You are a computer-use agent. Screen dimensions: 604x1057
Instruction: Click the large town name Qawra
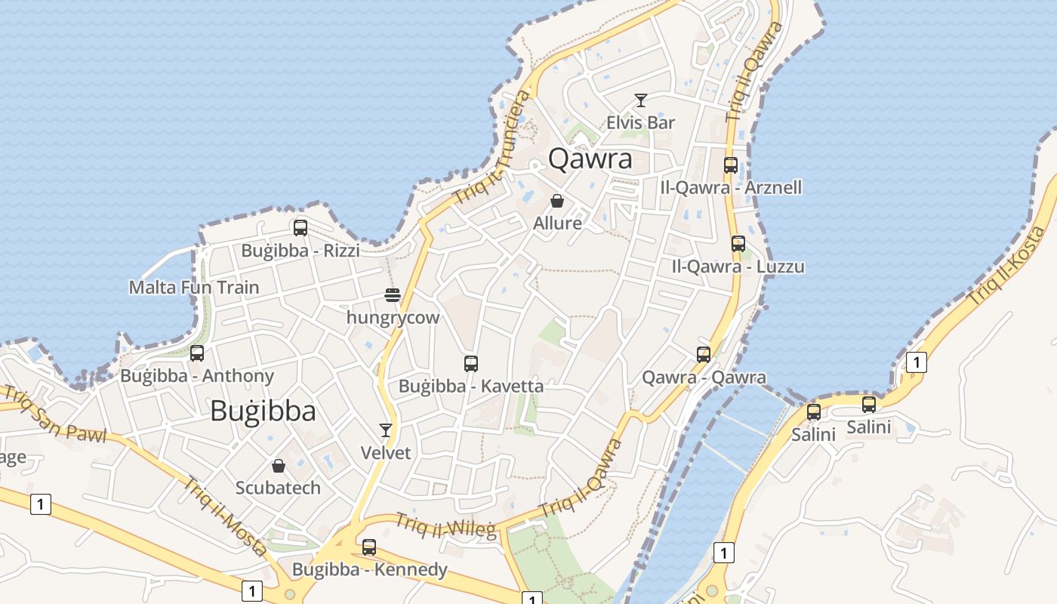coord(590,159)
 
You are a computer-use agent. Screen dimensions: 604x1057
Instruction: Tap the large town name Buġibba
coord(263,411)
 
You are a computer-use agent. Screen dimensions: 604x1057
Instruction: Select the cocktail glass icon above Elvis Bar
coord(641,100)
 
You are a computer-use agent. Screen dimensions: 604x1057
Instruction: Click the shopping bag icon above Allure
coord(557,201)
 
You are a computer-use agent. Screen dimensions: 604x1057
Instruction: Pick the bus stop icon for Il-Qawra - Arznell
coord(731,165)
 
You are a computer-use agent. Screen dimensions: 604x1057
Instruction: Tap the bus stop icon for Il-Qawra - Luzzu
coord(738,244)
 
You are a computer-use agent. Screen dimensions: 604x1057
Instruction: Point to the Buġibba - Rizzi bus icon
coord(300,227)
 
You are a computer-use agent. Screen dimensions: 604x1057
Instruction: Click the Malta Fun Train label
coord(194,288)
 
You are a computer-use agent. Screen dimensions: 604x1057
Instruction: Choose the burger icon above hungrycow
coord(393,294)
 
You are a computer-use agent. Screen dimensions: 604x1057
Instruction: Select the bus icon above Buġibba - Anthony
coord(197,353)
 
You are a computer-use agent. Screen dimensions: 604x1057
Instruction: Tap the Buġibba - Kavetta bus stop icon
coord(471,364)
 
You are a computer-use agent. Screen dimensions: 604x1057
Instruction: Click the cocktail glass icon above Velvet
coord(386,430)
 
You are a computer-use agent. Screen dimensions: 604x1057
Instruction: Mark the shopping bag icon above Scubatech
coord(279,466)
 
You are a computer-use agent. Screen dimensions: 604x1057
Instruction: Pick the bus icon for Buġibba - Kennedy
coord(369,547)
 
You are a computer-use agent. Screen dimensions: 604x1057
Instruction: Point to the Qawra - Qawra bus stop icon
coord(704,354)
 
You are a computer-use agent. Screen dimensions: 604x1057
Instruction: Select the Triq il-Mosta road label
coord(226,516)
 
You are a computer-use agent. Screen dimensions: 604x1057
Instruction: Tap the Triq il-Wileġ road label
coord(446,525)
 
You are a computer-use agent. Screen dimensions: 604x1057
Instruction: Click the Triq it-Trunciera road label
coord(492,146)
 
